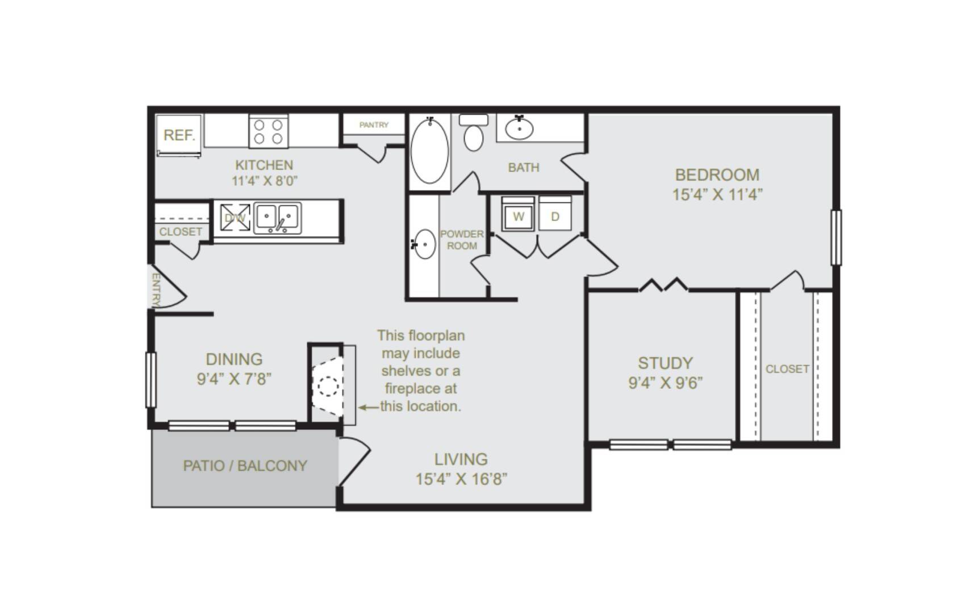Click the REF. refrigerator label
pos(179,135)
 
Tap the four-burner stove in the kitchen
pos(269,131)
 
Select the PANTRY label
pos(374,125)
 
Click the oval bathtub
pos(430,151)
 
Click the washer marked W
pos(518,214)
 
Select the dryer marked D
pos(555,214)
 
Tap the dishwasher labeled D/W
pos(235,218)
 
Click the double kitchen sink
pos(277,218)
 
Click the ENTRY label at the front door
pos(156,290)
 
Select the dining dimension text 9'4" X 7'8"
pos(234,379)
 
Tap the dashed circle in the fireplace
pos(328,387)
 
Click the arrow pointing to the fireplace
pos(369,407)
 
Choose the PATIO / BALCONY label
pos(245,466)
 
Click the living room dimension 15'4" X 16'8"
pos(461,479)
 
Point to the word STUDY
pos(665,363)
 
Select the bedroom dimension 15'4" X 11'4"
pos(717,194)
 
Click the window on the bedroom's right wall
pos(836,237)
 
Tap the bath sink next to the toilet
pos(519,128)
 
